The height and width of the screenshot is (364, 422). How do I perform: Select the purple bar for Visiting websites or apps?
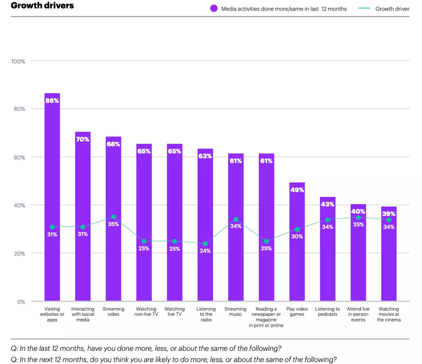(52, 165)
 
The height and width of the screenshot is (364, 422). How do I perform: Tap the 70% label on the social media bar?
(83, 139)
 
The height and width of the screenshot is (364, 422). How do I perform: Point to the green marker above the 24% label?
(206, 244)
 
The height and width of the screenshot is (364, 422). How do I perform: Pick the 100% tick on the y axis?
(18, 61)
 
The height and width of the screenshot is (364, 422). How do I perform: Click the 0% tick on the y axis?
(21, 301)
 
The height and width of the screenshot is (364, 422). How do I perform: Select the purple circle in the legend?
(213, 9)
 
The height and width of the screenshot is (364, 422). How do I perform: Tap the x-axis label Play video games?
(297, 312)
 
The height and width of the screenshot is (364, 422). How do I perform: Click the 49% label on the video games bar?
(297, 190)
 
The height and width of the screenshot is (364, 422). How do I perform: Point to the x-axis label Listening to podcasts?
(328, 312)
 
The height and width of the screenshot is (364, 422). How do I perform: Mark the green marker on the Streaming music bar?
(236, 219)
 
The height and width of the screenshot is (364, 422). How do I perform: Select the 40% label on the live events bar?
(358, 211)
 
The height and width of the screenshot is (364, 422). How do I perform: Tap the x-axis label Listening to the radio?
(206, 315)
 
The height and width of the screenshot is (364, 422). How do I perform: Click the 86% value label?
(52, 100)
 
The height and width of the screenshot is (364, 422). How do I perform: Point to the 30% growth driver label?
(297, 237)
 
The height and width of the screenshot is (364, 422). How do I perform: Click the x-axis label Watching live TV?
(175, 312)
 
